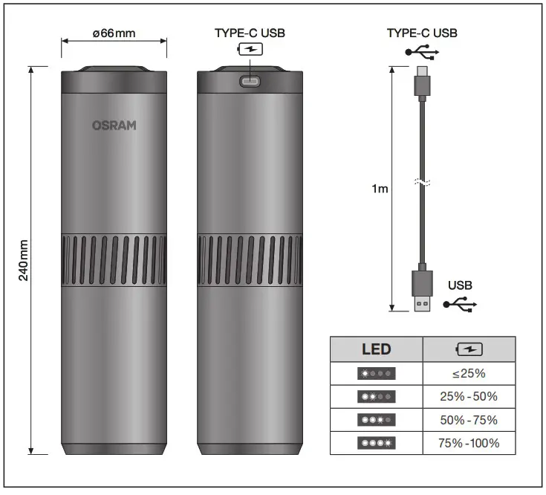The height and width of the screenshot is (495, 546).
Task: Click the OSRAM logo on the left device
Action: pos(114,126)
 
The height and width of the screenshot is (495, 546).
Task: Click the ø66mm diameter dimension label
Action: pos(114,33)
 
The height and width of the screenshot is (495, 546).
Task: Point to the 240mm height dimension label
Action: pos(24,261)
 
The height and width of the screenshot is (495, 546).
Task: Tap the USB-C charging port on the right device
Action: pos(250,80)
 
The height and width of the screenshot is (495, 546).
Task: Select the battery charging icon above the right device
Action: pos(250,51)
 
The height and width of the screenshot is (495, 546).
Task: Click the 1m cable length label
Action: pos(380,189)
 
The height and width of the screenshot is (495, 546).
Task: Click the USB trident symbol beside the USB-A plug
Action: pos(460,305)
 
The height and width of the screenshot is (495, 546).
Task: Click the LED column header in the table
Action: pos(376,349)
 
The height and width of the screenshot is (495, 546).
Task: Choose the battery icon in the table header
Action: pos(468,349)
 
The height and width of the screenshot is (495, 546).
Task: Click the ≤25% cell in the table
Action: pos(468,373)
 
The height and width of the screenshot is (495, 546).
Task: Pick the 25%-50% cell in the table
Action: pos(468,396)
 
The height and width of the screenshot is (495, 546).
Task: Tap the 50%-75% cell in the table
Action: pos(468,420)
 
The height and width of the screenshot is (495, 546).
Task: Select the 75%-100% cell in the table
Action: pos(468,444)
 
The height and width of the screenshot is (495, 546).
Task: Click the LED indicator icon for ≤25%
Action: pos(376,373)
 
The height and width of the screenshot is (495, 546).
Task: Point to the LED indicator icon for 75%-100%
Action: pos(376,444)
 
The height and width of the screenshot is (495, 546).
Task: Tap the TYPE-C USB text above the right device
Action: pos(250,33)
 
